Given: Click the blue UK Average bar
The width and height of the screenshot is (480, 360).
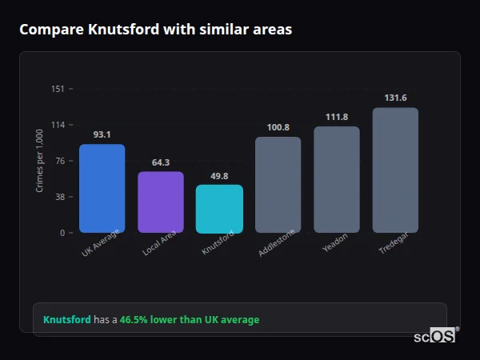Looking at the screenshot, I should (x=102, y=189).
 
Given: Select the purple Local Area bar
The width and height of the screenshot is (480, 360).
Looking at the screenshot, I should (x=160, y=202).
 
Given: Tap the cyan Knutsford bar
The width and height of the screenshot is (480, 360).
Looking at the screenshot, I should (x=219, y=209).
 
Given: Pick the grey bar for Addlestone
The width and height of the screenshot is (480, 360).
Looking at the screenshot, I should (x=278, y=185).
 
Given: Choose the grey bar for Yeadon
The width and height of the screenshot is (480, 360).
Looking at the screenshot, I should (x=337, y=180).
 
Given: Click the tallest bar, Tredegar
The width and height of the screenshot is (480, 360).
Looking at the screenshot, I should (x=395, y=170).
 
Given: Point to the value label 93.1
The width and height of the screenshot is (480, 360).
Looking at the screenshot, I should (x=102, y=134).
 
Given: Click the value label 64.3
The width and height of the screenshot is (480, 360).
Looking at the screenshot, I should (x=160, y=162).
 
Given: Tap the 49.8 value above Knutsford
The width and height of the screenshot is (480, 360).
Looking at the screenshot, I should (x=219, y=176).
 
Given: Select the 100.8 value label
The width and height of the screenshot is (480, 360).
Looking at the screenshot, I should (x=278, y=127).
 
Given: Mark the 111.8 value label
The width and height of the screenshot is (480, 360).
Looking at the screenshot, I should (x=337, y=117).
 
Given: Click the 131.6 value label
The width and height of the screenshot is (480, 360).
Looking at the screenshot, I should (x=395, y=98).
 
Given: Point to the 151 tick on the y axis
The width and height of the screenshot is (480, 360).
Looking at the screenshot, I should (x=58, y=89).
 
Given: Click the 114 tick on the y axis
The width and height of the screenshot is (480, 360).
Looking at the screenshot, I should (x=58, y=125).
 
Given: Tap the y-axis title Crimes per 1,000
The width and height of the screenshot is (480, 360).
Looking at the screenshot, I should (x=39, y=161).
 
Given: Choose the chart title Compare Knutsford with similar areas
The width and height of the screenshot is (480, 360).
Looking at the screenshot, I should (x=155, y=30).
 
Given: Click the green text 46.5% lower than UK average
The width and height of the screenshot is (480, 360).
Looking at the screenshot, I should (x=190, y=320).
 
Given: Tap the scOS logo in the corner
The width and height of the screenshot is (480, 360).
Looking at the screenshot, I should (x=435, y=336).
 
